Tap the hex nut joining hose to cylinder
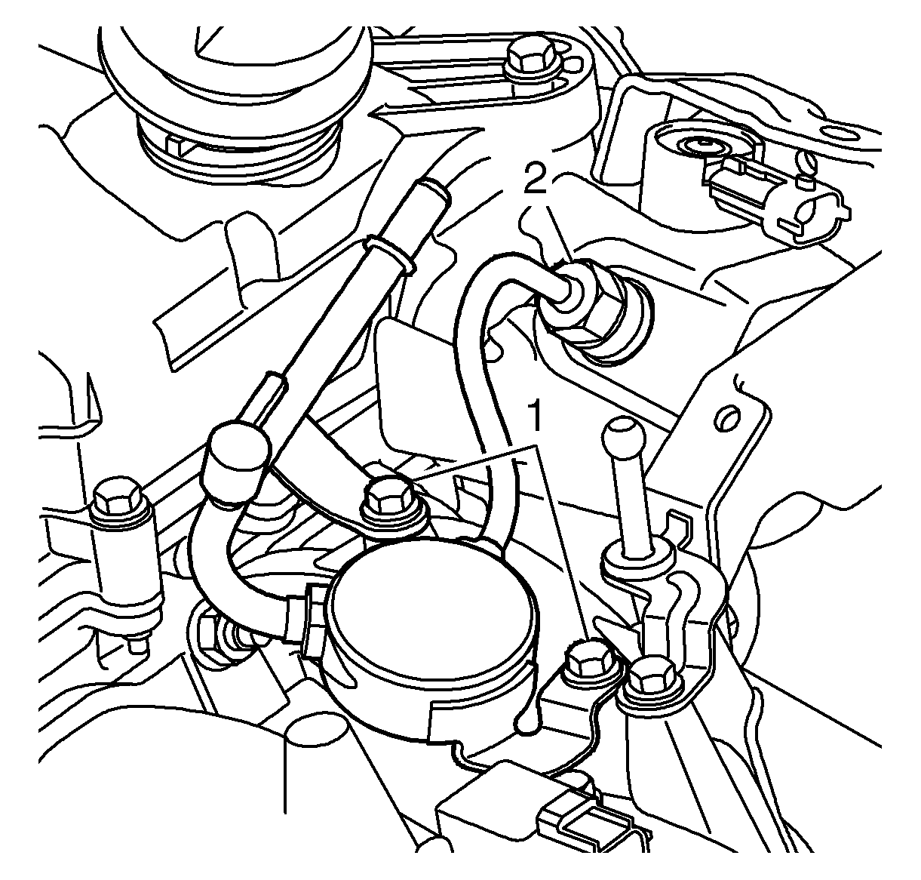312,615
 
